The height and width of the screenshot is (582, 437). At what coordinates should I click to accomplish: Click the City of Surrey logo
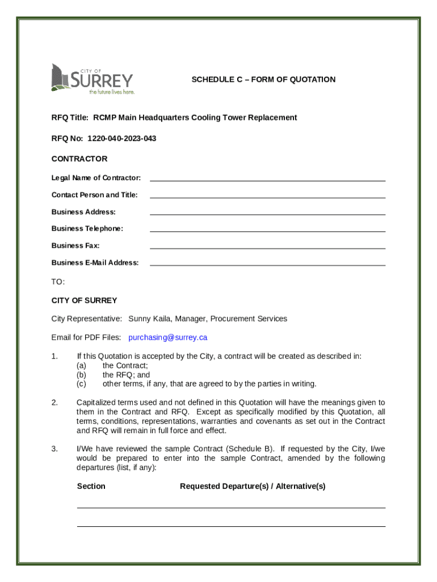tap(93, 79)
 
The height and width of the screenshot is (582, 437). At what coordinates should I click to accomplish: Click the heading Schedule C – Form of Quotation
tap(263, 80)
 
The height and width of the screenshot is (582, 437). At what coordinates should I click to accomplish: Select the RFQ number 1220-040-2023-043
tap(121, 139)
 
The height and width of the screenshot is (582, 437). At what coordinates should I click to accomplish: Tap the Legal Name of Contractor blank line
tap(267, 178)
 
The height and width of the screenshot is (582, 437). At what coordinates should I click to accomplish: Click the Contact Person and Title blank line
tap(267, 195)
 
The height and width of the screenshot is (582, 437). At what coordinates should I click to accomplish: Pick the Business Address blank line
tap(267, 211)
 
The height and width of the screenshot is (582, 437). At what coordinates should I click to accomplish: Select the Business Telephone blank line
tap(267, 228)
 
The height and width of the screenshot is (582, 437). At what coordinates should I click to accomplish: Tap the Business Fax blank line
tap(267, 246)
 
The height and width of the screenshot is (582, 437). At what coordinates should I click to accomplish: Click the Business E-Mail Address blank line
tap(267, 263)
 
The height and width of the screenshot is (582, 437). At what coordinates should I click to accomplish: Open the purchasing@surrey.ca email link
tap(168, 338)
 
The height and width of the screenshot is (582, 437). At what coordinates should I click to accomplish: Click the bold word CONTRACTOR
tap(79, 159)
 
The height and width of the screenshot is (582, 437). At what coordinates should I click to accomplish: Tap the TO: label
tap(58, 282)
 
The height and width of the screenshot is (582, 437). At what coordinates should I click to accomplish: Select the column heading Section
tap(91, 487)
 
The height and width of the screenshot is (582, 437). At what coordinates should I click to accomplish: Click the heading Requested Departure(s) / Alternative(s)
tap(253, 487)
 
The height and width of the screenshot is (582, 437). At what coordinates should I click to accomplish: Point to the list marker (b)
tap(82, 375)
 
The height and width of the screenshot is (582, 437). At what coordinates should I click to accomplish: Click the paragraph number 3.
tap(54, 449)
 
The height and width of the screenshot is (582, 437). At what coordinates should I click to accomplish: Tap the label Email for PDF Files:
tap(86, 338)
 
